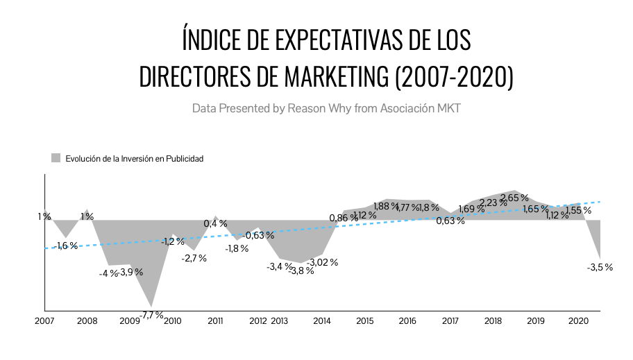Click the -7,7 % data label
(x=152, y=315)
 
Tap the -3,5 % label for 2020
(x=600, y=267)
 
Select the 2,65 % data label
(x=514, y=198)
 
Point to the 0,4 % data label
(x=215, y=223)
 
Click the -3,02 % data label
(x=322, y=262)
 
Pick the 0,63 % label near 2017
(x=450, y=221)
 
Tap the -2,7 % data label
(x=194, y=258)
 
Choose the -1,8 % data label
(x=237, y=248)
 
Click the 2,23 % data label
(x=493, y=203)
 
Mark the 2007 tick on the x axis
(x=44, y=321)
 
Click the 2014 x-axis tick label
(x=322, y=321)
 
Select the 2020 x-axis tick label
(x=579, y=321)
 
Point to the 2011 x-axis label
(x=215, y=321)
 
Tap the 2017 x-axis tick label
(x=450, y=321)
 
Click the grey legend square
(x=56, y=157)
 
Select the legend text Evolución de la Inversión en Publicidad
(x=134, y=158)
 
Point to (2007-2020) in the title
(x=454, y=77)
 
